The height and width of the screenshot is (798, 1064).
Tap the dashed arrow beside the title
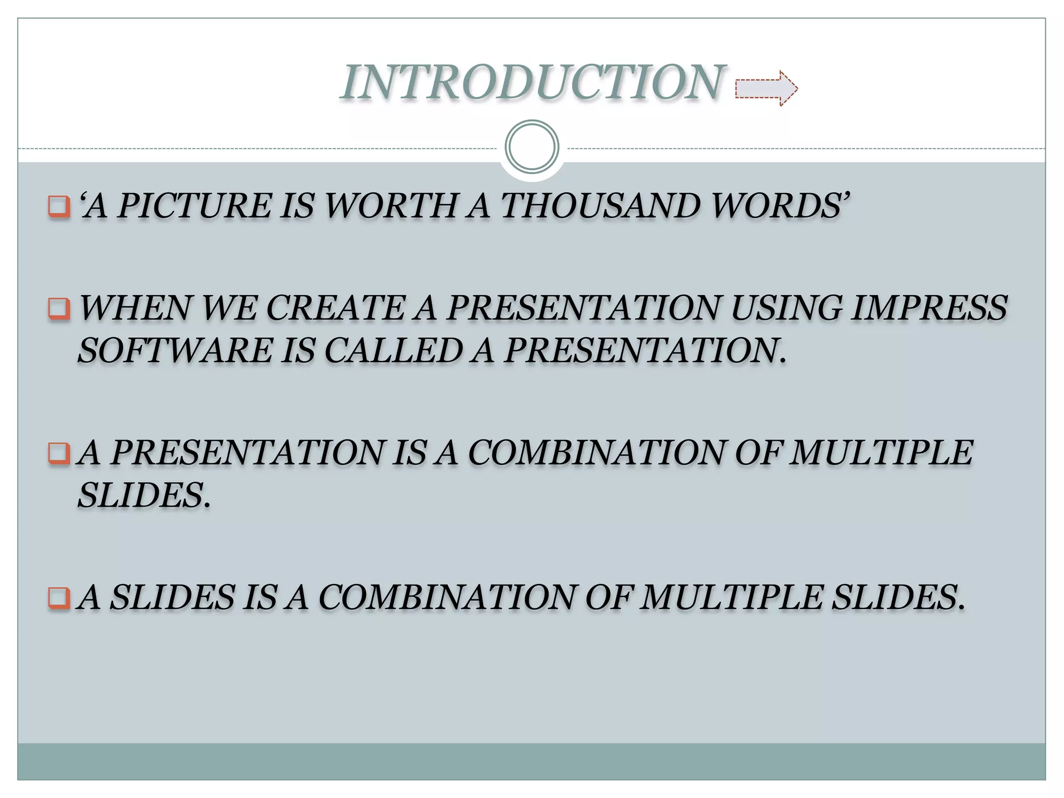pyautogui.click(x=766, y=89)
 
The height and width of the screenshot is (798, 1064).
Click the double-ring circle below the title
pyautogui.click(x=531, y=147)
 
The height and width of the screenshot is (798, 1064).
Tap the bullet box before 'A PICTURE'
pyautogui.click(x=59, y=206)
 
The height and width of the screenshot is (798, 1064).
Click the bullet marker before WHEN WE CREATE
pyautogui.click(x=59, y=309)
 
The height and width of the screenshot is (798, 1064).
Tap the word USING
pyautogui.click(x=786, y=308)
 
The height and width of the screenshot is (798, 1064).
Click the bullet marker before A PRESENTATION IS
pyautogui.click(x=59, y=454)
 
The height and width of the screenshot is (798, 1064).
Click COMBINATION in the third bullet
pyautogui.click(x=596, y=453)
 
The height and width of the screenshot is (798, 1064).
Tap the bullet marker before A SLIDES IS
pyautogui.click(x=59, y=598)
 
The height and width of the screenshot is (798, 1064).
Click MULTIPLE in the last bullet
pyautogui.click(x=731, y=597)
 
